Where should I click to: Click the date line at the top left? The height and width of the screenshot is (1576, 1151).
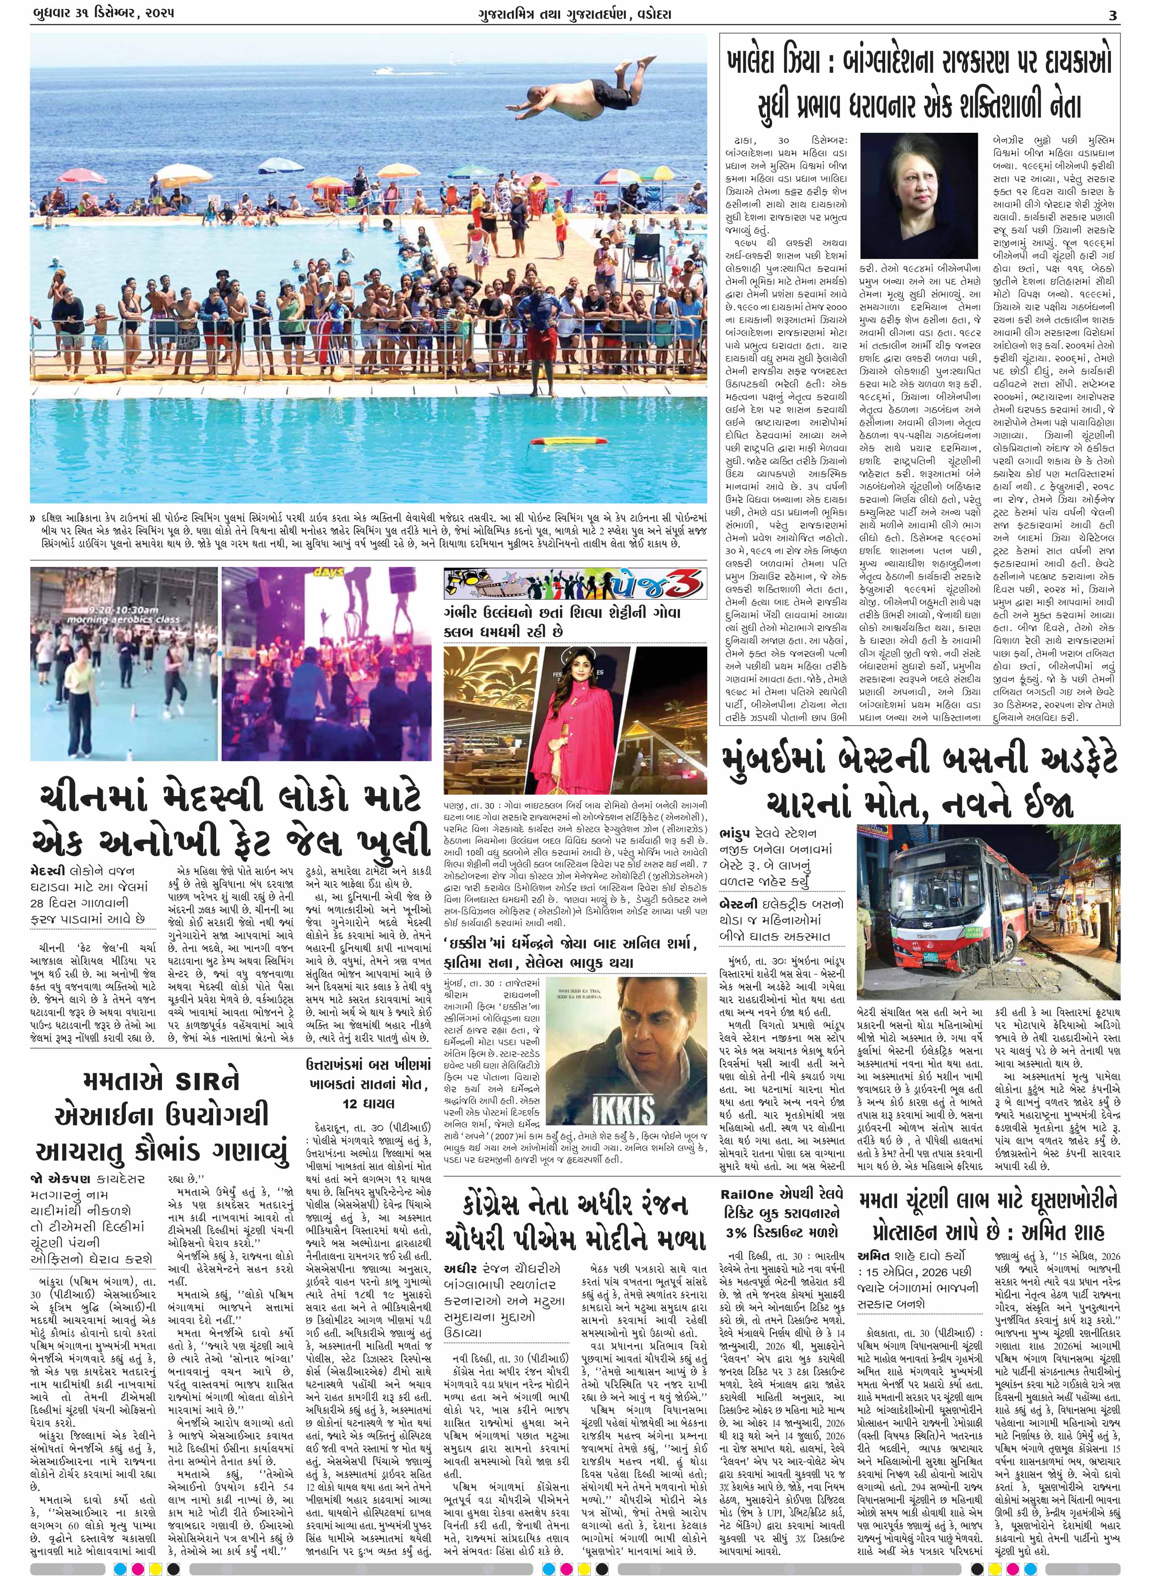click(103, 13)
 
